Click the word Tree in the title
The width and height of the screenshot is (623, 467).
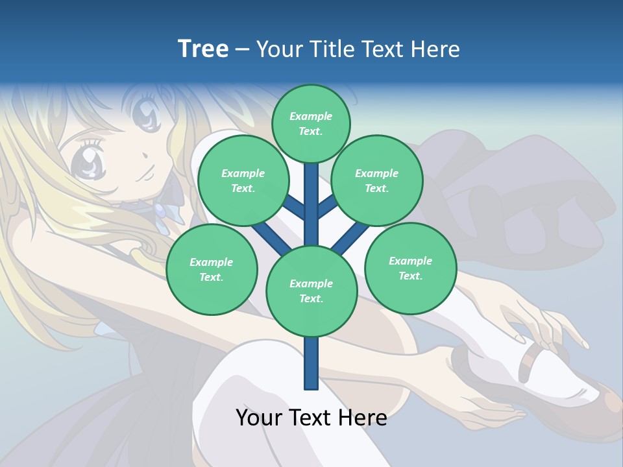coord(203,49)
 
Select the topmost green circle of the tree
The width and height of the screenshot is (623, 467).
coord(311,123)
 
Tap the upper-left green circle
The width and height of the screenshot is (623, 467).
coord(243,181)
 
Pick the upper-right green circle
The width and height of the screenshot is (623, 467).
coord(377,181)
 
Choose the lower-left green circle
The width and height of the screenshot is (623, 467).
coord(212,270)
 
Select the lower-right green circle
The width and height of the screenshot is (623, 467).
coord(411,269)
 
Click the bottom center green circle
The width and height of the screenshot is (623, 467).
coord(311,291)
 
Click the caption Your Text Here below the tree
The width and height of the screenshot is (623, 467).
coord(311,418)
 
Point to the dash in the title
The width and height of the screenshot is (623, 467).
coord(243,49)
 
